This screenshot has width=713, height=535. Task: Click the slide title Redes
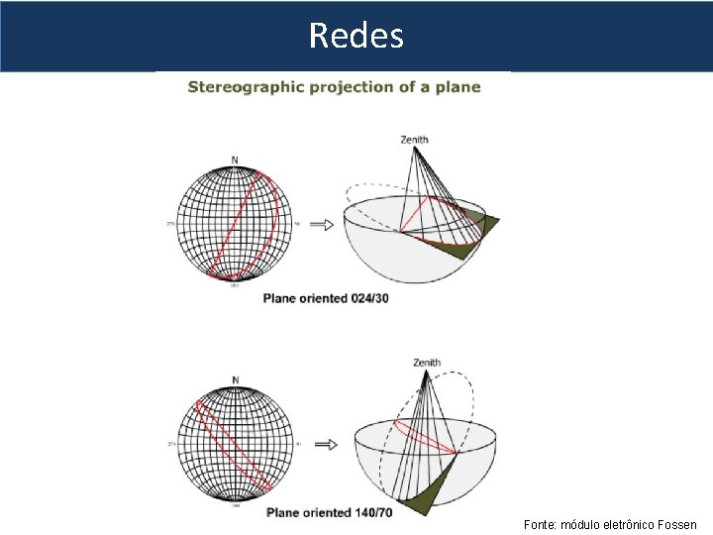[x=356, y=36]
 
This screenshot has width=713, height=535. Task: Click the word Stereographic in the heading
[x=246, y=87]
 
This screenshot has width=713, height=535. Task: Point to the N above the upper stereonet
[x=235, y=160]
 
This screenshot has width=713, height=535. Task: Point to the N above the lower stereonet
[x=235, y=380]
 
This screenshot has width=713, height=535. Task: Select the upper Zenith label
[x=414, y=140]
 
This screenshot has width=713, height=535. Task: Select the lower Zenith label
[x=427, y=363]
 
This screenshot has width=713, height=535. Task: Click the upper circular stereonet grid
[x=235, y=224]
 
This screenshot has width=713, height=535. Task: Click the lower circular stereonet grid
[x=235, y=445]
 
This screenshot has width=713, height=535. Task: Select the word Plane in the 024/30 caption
[x=281, y=298]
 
